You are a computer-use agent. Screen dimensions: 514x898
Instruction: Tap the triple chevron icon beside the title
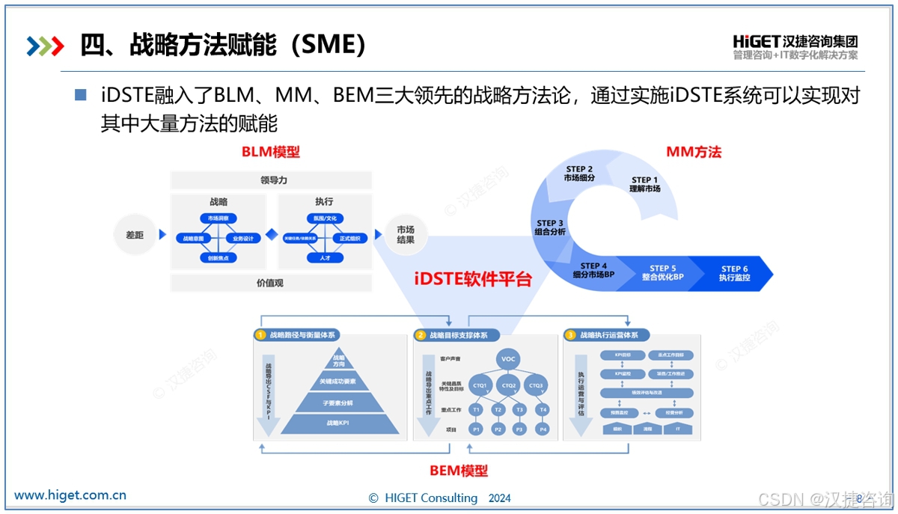coord(45,46)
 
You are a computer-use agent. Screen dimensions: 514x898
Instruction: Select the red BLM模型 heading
coord(270,152)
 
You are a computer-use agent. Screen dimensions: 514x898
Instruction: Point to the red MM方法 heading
coord(694,152)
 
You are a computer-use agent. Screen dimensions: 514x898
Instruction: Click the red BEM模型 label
coord(458,471)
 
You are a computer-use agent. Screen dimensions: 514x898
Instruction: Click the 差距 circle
coord(135,235)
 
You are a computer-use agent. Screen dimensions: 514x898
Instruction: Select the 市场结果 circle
coord(406,234)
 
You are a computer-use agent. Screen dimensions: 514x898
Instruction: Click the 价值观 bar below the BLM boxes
coord(270,283)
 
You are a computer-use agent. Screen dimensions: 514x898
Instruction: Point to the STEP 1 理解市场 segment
coord(644,184)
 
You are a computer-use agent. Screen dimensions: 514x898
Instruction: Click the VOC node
coord(509,360)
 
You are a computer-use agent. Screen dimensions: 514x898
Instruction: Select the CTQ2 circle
coord(509,386)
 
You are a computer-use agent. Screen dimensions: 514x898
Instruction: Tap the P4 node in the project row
coord(543,429)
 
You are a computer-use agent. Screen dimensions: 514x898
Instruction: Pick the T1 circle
coord(475,410)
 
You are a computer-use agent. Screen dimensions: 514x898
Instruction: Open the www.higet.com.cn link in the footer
coord(70,495)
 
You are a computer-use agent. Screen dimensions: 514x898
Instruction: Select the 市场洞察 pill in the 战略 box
coord(219,218)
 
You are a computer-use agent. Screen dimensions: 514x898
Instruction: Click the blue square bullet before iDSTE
coord(81,95)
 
